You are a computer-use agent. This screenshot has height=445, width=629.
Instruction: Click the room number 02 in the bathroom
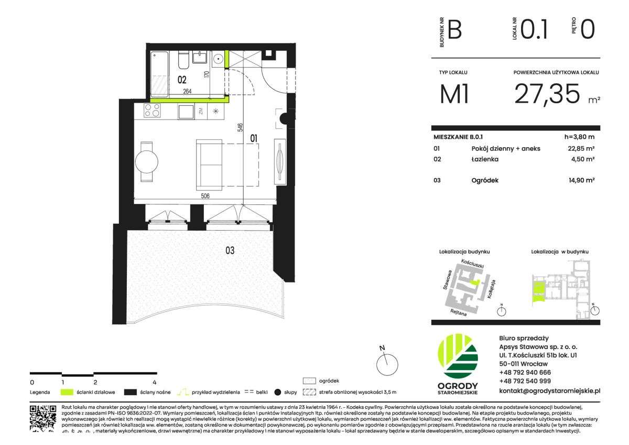(x=182, y=80)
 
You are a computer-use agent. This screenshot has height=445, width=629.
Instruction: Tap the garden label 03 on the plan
(x=230, y=251)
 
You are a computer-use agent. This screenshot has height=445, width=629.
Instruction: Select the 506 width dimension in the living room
(x=205, y=196)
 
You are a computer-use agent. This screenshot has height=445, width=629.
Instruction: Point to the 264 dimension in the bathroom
(x=187, y=91)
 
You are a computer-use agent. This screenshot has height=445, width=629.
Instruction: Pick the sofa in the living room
(x=209, y=164)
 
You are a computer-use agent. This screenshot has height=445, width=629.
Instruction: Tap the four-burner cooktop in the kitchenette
(x=153, y=111)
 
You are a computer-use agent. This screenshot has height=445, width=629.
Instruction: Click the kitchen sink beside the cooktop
(x=186, y=111)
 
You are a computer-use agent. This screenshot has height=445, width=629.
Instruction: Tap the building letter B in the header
(x=454, y=29)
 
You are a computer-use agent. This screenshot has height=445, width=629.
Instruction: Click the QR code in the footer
(x=43, y=418)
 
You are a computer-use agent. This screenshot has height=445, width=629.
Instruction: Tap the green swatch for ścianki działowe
(x=67, y=392)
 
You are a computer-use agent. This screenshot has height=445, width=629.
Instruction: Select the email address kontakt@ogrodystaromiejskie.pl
(x=549, y=390)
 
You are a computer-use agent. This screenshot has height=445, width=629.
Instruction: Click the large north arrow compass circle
(x=387, y=361)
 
